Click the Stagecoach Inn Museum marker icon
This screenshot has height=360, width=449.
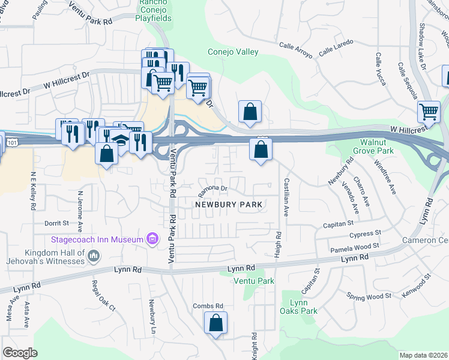pos(152,239)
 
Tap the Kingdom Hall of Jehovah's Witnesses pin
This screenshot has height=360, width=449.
pos(94,257)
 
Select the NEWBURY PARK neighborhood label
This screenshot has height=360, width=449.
pos(229,205)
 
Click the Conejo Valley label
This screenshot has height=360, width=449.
pos(233,52)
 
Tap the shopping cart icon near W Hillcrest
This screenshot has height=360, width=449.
pos(429,111)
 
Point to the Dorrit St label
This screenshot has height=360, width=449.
pos(57,223)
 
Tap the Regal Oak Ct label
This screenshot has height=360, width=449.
pos(103,295)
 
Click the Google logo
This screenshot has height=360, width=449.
pos(20,353)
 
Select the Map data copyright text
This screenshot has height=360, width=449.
pos(423,355)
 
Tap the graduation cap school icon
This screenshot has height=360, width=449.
pos(121,141)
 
